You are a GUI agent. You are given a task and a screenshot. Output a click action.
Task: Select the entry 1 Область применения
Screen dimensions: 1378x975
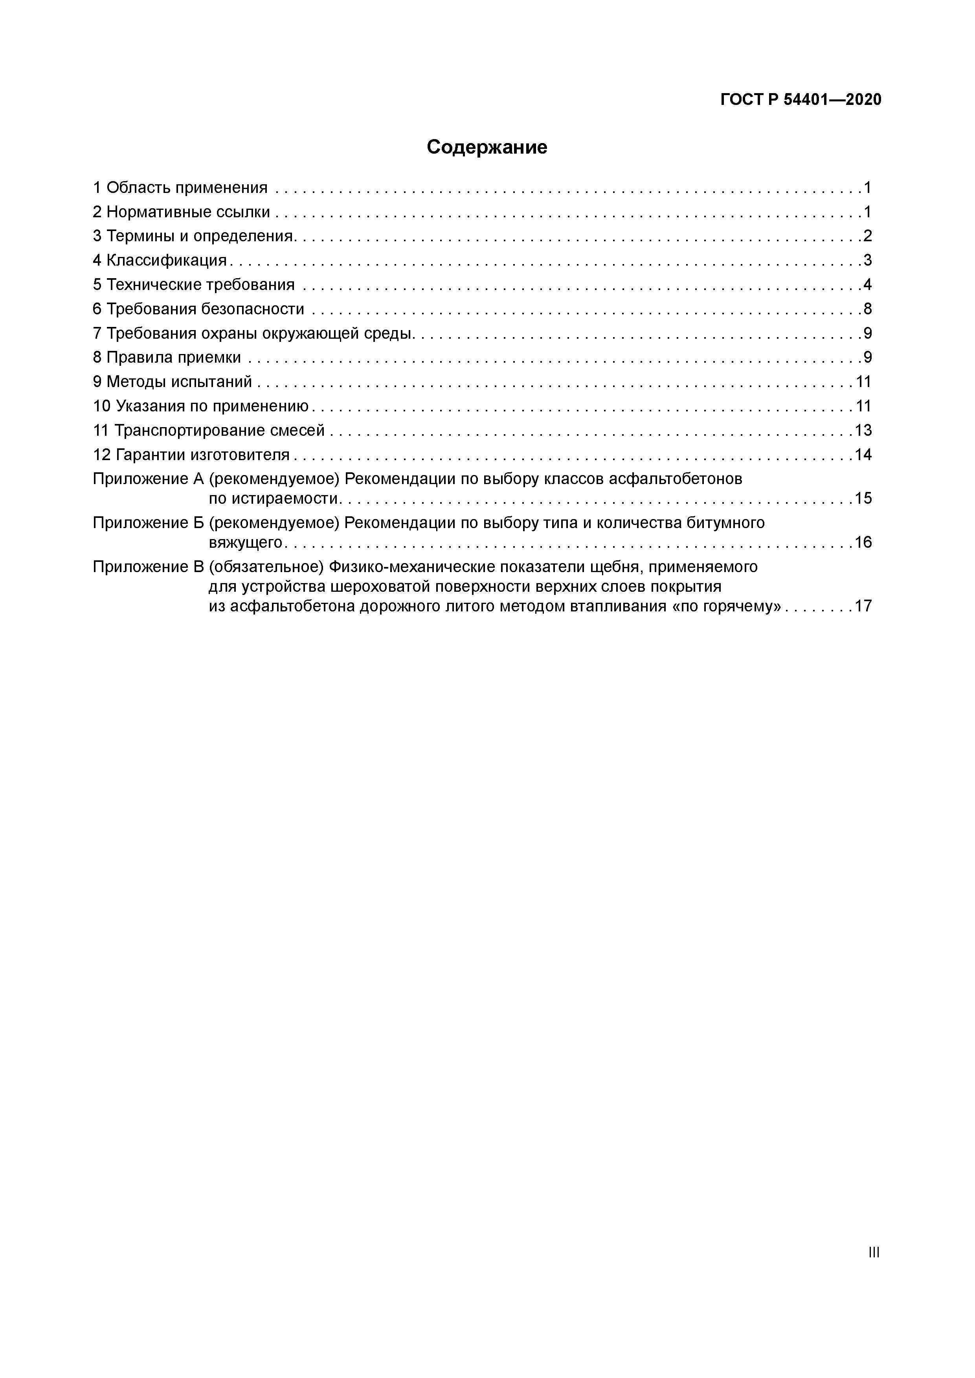(180, 188)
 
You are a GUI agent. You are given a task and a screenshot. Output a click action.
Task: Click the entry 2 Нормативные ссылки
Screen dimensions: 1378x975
(181, 212)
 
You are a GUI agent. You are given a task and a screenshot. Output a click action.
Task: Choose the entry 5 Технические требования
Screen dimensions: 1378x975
(194, 284)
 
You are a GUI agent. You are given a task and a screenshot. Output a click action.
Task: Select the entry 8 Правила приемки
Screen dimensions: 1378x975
(167, 358)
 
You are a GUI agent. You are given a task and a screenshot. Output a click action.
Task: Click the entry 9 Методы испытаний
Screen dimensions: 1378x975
(172, 382)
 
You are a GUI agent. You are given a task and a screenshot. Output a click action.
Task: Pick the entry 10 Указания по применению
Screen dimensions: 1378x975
(200, 406)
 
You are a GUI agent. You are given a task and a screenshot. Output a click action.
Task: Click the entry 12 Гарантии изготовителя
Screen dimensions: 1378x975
(191, 455)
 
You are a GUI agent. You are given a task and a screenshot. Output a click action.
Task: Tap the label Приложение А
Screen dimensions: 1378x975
(148, 479)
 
